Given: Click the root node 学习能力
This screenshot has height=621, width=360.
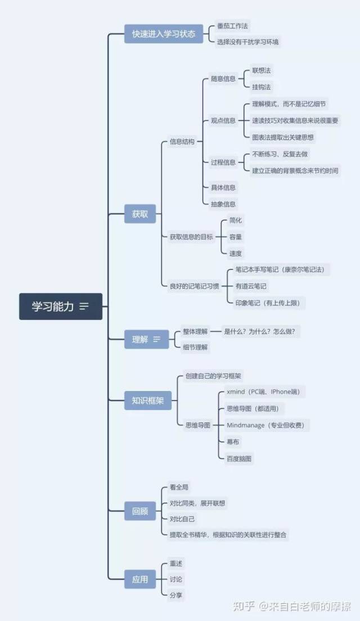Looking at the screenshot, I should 61,307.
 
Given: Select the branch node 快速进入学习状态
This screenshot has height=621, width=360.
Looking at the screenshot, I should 163,34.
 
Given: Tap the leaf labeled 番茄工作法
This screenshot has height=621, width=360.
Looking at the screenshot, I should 232,26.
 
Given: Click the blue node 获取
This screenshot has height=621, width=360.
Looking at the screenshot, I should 139,214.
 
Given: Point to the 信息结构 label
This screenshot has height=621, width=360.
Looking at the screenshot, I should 182,142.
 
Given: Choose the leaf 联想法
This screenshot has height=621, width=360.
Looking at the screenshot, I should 262,71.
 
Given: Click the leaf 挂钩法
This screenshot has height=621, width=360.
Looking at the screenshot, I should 262,87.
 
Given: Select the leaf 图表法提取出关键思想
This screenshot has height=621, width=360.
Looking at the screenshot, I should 283,137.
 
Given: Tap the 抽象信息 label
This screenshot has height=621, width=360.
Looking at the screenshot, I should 223,204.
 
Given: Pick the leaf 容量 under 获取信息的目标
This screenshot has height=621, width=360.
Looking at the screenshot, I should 235,237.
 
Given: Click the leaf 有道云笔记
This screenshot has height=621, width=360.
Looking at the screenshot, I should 251,286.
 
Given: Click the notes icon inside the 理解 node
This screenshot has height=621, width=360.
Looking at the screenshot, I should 157,339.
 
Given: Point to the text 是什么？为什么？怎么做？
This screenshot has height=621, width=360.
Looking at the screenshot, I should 259,331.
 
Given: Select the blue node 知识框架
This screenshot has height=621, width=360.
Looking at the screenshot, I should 148,400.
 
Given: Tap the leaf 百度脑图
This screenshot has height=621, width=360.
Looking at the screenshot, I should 239,458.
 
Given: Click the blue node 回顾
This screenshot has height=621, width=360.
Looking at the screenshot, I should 139,511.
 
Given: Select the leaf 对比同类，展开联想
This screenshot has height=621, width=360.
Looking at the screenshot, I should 197,503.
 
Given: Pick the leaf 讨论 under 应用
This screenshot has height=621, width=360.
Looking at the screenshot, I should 176,579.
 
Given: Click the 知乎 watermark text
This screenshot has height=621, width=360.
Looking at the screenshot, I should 244,606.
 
